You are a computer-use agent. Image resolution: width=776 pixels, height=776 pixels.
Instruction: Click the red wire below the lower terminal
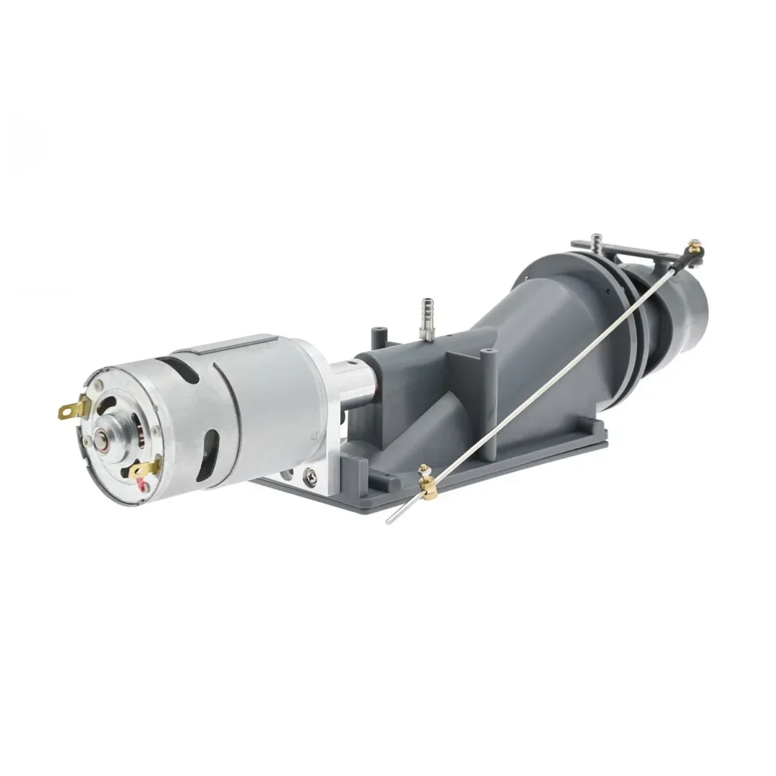[142, 486]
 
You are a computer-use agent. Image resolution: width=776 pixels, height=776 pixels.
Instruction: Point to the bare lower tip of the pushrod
[392, 518]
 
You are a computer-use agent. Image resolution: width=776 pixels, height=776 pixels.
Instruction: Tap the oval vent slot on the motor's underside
[201, 461]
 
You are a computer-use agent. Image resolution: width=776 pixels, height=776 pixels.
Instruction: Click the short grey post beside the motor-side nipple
[379, 338]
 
